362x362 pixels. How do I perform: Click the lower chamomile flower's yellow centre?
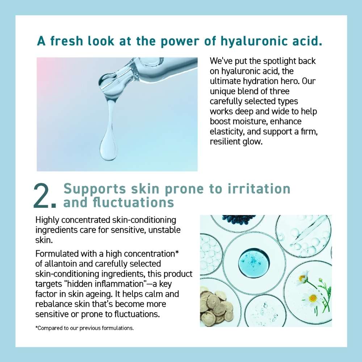tap(313, 298)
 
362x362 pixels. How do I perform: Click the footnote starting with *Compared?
tap(84, 328)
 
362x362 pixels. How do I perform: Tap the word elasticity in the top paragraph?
tap(227, 132)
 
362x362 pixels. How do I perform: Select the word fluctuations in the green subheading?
tap(133, 202)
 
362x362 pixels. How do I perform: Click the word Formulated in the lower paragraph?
tap(57, 254)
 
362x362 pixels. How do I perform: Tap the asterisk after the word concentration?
tap(177, 252)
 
